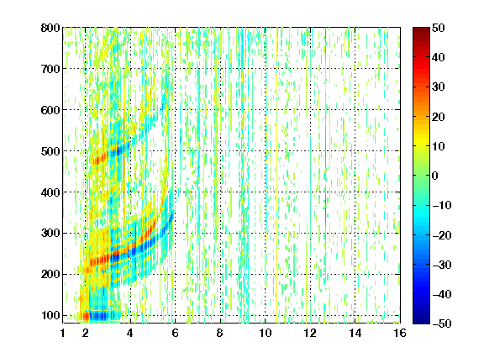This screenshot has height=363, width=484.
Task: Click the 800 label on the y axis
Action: click(x=50, y=28)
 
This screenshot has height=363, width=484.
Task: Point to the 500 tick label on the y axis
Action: click(x=50, y=151)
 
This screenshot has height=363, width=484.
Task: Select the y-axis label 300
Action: click(x=50, y=233)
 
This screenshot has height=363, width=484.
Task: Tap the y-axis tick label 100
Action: click(x=50, y=315)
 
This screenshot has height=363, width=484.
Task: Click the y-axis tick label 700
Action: click(x=50, y=69)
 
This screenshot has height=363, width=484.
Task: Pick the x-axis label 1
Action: click(x=63, y=333)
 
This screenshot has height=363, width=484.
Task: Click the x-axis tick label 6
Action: click(x=175, y=333)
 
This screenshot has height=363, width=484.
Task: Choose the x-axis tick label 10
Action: click(x=265, y=333)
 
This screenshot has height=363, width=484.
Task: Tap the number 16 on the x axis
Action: click(x=400, y=333)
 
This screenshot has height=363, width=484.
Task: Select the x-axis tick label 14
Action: click(x=355, y=333)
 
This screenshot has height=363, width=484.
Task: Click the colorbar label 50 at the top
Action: click(x=438, y=28)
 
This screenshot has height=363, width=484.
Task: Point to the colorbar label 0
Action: click(x=435, y=176)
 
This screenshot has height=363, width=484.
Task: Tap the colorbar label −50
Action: click(x=442, y=324)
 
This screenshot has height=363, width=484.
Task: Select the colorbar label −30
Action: click(x=442, y=265)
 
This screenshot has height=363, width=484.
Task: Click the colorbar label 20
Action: click(x=438, y=117)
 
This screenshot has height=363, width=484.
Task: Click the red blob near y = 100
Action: click(x=85, y=316)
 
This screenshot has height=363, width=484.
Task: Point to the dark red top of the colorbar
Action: click(x=421, y=33)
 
